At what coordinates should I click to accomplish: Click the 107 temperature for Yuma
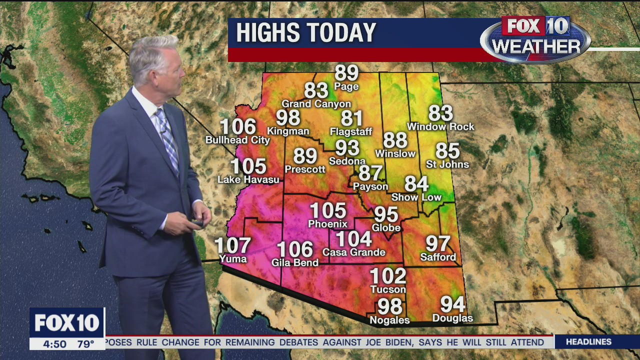click(x=232, y=245)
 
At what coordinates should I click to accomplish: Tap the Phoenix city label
click(x=327, y=224)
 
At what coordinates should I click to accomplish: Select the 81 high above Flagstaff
click(x=352, y=118)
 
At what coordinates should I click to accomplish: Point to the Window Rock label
click(x=440, y=127)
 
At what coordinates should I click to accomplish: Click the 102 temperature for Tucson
click(x=388, y=276)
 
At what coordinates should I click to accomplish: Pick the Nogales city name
click(x=389, y=320)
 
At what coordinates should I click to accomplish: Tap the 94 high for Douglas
click(x=452, y=304)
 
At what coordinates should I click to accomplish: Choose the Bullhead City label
click(x=238, y=140)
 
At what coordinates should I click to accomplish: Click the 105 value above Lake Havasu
click(x=248, y=166)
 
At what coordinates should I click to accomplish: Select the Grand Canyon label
click(x=316, y=104)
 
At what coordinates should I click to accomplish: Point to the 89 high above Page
click(x=346, y=73)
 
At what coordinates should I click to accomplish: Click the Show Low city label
click(x=416, y=197)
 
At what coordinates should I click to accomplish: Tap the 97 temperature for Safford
click(x=438, y=244)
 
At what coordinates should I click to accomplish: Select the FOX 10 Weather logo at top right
click(x=535, y=39)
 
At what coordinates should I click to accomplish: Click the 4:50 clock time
click(x=54, y=344)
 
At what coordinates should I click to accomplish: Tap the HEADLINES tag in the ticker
click(x=588, y=342)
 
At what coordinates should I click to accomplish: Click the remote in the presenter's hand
click(x=197, y=221)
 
